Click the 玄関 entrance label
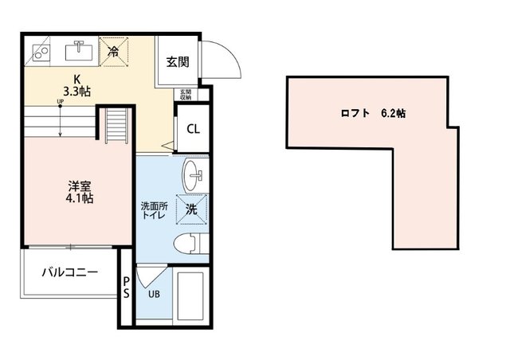tap(177, 61)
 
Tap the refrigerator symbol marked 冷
tap(113, 51)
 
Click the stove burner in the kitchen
tap(39, 53)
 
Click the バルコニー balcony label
tap(70, 272)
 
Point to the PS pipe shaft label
tap(126, 288)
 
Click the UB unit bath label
tap(153, 292)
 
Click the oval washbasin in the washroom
tap(193, 174)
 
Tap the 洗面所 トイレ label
tap(154, 211)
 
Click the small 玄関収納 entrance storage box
tap(186, 95)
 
